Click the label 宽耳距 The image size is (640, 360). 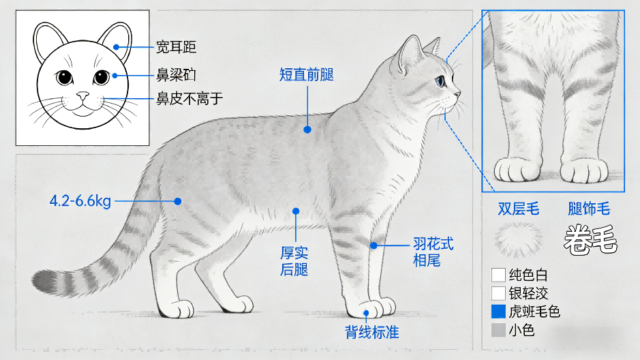click(176, 47)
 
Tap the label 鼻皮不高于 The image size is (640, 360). click(189, 99)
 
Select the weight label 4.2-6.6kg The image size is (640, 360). click(80, 201)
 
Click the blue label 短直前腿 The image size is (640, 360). click(307, 75)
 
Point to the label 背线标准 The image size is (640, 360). click(372, 332)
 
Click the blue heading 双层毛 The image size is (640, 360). click(519, 209)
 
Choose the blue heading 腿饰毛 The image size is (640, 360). click(589, 209)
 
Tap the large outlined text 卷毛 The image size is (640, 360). click(591, 239)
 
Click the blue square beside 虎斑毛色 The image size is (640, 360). click(498, 312)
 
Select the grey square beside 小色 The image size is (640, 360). click(498, 330)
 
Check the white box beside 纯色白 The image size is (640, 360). click(498, 275)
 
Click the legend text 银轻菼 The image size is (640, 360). click(528, 293)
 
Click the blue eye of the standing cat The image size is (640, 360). click(440, 81)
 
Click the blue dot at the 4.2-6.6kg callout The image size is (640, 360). click(178, 201)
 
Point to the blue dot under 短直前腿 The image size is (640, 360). click(307, 130)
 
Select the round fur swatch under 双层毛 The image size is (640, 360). click(519, 239)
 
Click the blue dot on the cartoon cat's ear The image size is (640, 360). click(117, 47)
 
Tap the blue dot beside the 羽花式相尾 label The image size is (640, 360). click(374, 245)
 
